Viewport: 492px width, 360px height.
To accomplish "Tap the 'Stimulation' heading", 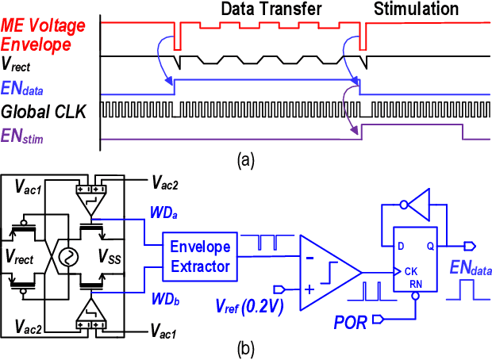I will pyautogui.click(x=416, y=10).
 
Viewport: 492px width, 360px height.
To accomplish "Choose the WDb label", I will pyautogui.click(x=162, y=300).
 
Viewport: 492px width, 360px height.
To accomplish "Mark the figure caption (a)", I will pyautogui.click(x=245, y=161).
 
